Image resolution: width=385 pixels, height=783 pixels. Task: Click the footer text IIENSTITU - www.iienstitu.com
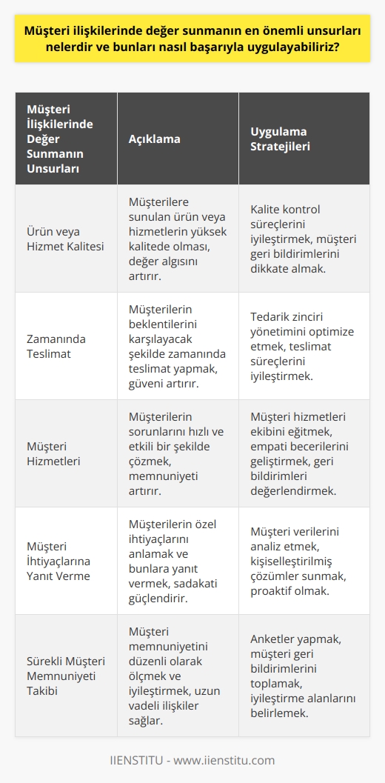click(x=192, y=760)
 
